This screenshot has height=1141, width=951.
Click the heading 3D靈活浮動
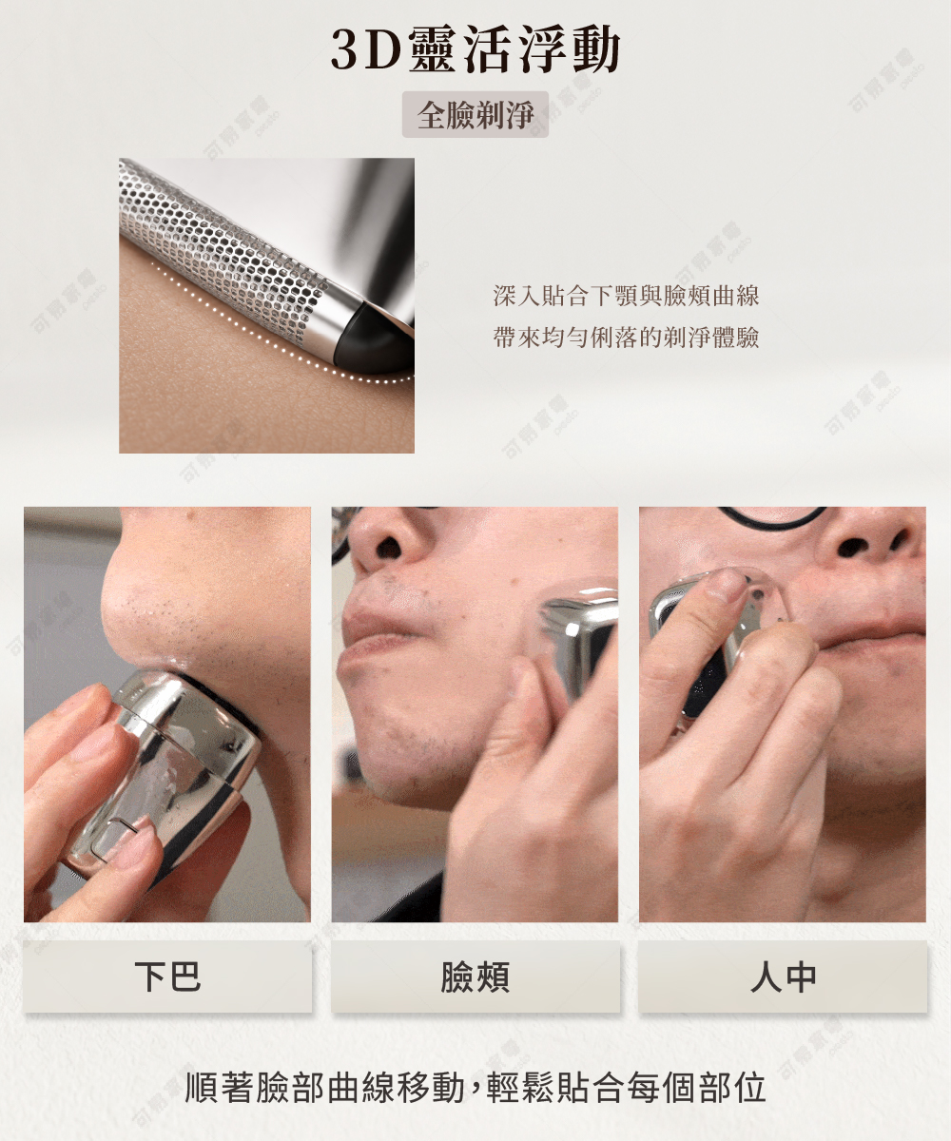pos(475,49)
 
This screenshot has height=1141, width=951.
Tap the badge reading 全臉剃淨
pos(475,114)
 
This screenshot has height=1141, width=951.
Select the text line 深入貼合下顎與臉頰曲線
pos(626,296)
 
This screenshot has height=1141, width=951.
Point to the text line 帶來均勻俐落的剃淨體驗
pos(626,338)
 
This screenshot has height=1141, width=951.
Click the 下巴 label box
pos(167,977)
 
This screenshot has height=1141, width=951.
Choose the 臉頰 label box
pos(475,977)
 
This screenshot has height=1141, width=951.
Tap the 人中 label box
pos(783,977)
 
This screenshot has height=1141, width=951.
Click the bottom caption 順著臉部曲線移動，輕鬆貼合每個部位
pos(475,1087)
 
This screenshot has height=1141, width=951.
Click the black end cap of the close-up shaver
pos(378,335)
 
